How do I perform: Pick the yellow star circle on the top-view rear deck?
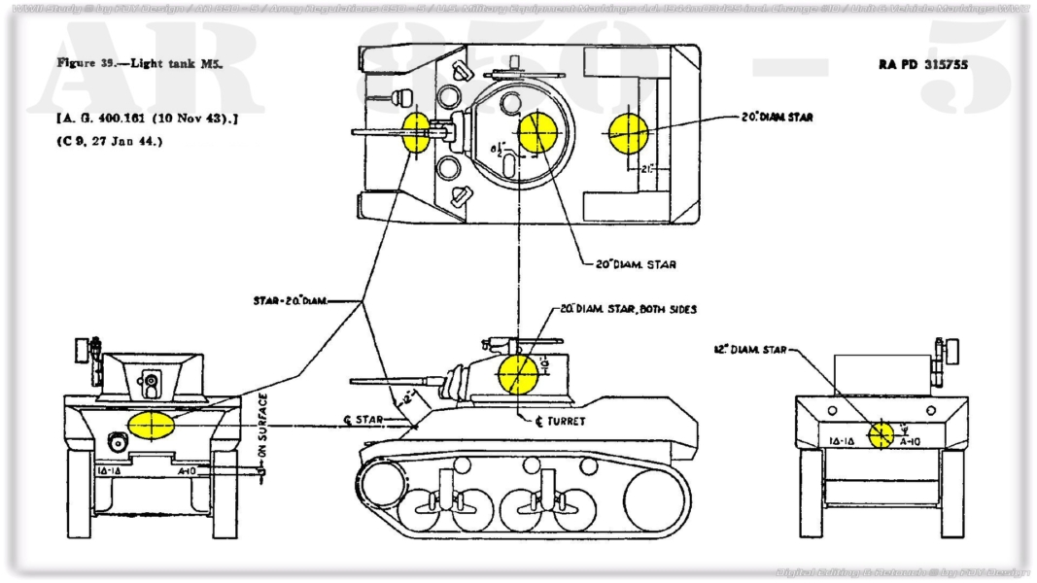(x=629, y=132)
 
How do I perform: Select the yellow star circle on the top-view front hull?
(x=415, y=132)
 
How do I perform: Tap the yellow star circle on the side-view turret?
(x=517, y=373)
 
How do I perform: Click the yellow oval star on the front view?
(x=151, y=426)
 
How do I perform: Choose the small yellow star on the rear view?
(x=881, y=434)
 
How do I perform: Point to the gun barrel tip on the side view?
(x=353, y=382)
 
